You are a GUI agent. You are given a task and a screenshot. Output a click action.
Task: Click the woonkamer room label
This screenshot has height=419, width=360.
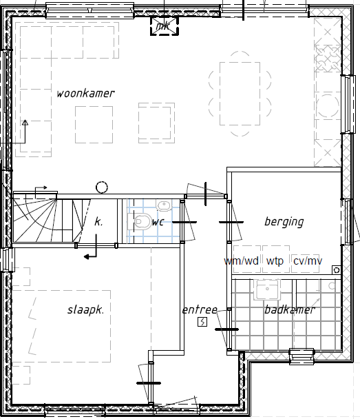pyautogui.click(x=85, y=93)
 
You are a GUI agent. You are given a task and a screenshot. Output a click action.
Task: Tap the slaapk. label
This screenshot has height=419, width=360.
pyautogui.click(x=85, y=310)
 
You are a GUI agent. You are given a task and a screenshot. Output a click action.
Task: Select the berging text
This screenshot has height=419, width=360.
pyautogui.click(x=284, y=222)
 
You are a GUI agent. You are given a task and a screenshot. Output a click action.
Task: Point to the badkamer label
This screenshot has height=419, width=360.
pyautogui.click(x=289, y=310)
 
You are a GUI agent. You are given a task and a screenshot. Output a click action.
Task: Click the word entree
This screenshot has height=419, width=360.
pyautogui.click(x=200, y=310)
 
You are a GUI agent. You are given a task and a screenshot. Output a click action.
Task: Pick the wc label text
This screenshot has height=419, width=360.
pyautogui.click(x=158, y=222)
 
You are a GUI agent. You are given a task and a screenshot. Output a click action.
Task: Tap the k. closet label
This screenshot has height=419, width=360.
pyautogui.click(x=98, y=222)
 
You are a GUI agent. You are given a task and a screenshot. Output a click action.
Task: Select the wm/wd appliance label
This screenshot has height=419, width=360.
pyautogui.click(x=242, y=261)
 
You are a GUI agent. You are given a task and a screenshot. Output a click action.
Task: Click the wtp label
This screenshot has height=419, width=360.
pyautogui.click(x=275, y=261)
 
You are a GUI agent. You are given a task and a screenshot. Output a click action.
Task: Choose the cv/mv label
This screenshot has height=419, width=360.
pyautogui.click(x=307, y=261)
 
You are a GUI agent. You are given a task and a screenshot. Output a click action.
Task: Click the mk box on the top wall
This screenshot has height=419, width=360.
pyautogui.click(x=164, y=26)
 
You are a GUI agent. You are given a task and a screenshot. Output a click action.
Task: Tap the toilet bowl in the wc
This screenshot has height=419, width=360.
pyautogui.click(x=142, y=221)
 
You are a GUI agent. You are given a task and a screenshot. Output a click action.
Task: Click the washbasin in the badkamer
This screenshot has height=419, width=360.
pyautogui.click(x=266, y=289)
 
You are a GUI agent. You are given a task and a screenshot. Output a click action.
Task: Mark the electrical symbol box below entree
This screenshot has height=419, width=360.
pyautogui.click(x=202, y=322)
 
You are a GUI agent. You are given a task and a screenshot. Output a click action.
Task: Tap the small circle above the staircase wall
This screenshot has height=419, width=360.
pyautogui.click(x=102, y=187)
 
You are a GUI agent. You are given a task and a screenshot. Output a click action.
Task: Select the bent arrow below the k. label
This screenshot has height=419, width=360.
pyautogui.click(x=91, y=253)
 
